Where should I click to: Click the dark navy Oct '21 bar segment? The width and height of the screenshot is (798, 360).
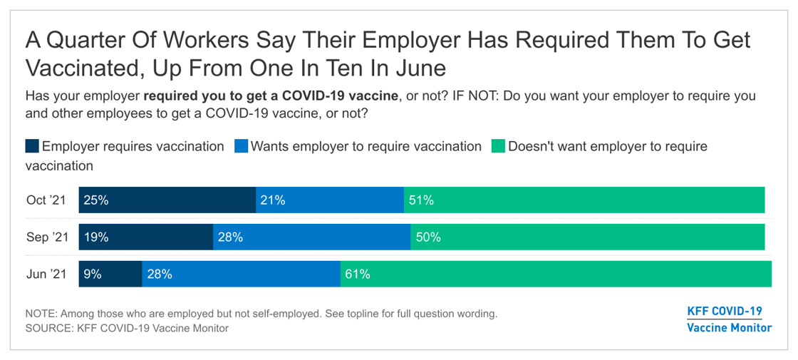167,200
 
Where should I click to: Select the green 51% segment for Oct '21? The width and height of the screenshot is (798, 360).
584,200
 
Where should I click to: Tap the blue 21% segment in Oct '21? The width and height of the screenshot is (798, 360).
330,200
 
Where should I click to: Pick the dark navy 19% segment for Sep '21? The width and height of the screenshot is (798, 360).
146,237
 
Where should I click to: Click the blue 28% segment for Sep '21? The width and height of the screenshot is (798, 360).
311,237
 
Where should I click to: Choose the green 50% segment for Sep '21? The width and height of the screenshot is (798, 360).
588,237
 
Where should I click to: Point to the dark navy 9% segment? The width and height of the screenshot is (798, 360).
110,274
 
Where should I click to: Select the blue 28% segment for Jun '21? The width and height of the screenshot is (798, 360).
241,274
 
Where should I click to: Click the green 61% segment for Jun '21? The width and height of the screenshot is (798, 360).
556,274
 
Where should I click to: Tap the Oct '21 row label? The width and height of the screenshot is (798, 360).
46,200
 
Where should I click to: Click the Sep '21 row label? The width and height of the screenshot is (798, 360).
47,237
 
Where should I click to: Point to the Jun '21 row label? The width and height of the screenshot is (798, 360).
46,274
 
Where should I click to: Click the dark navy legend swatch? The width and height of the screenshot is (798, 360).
32,147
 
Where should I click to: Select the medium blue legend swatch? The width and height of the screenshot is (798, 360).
241,147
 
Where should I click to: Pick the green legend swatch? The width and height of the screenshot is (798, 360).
498,147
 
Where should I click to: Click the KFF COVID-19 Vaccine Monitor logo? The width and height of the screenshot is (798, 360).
729,319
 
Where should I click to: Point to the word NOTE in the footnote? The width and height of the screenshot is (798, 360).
41,314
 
